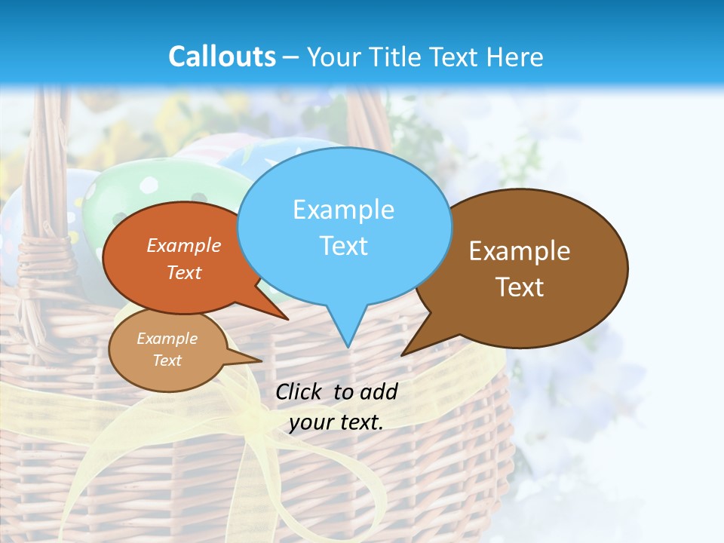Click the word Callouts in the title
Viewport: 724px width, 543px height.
tap(222, 57)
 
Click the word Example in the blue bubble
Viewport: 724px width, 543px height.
tap(343, 210)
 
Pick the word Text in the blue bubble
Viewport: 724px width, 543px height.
tap(344, 246)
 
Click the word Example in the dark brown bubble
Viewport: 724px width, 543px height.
tap(520, 251)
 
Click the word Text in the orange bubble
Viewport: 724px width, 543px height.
tap(184, 272)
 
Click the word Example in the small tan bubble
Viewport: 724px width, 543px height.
tap(167, 339)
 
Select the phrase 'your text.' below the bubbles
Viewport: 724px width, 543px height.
tap(336, 422)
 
